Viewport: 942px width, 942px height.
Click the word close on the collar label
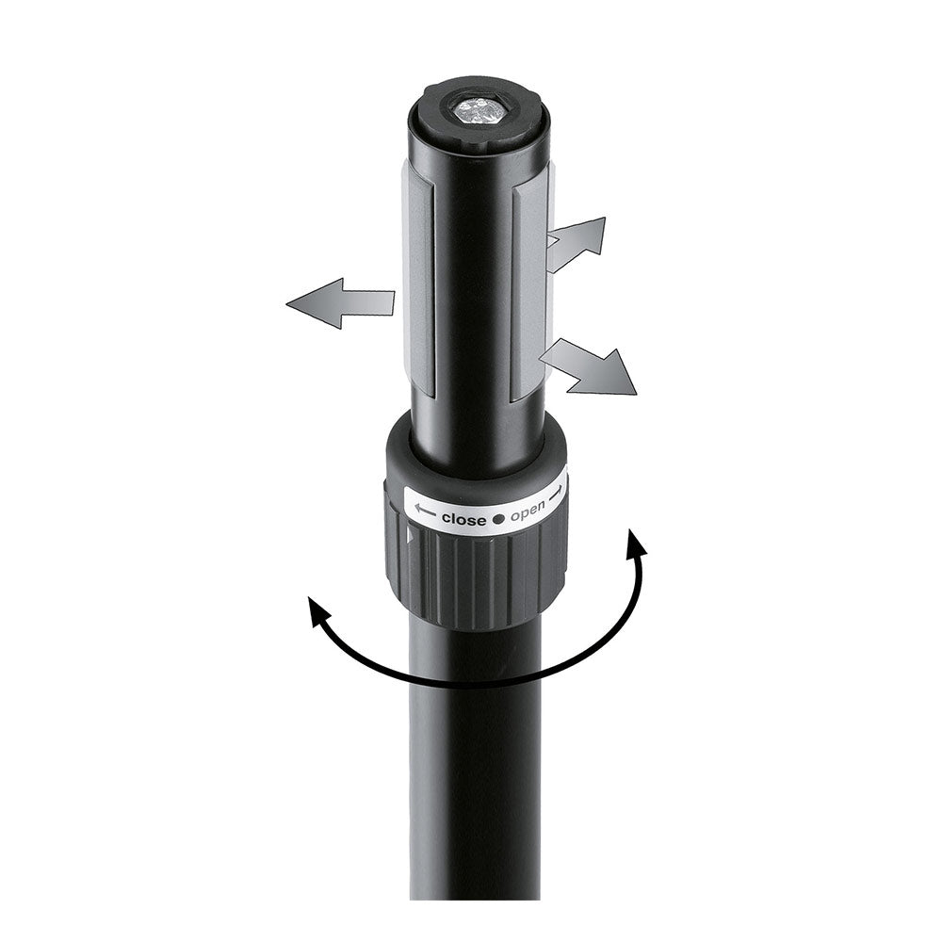pyautogui.click(x=463, y=518)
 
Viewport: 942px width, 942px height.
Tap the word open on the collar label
pyautogui.click(x=528, y=513)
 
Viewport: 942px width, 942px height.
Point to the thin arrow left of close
pyautogui.click(x=425, y=512)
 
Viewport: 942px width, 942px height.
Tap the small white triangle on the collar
pyautogui.click(x=410, y=536)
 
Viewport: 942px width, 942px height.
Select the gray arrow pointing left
pyautogui.click(x=341, y=302)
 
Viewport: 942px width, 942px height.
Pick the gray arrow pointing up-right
pyautogui.click(x=577, y=244)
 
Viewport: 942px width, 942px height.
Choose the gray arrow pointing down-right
pyautogui.click(x=589, y=366)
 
